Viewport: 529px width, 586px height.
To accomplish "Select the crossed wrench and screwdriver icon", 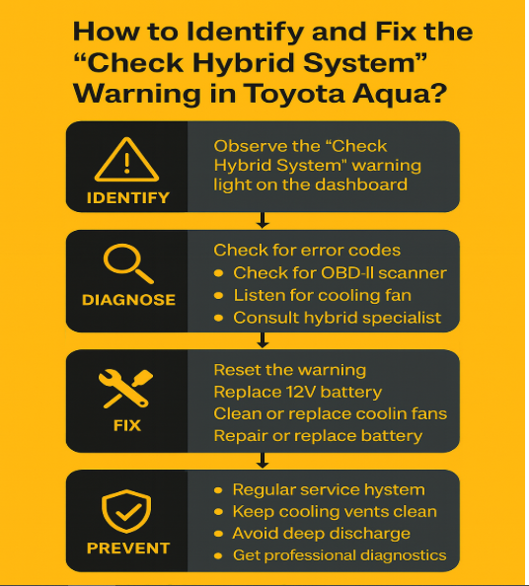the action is point(125,389).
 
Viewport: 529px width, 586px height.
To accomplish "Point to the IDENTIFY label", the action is point(128,197).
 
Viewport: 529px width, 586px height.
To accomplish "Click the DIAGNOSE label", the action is point(128,300).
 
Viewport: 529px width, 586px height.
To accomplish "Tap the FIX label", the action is point(127,425).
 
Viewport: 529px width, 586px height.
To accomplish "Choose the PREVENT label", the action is point(128,549).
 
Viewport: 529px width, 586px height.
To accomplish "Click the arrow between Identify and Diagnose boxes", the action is point(263,220).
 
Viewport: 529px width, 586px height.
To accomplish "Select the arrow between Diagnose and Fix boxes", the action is point(263,340).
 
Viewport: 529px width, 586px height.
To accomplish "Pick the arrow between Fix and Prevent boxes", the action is point(263,461).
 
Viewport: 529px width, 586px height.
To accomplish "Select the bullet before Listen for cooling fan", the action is point(219,296).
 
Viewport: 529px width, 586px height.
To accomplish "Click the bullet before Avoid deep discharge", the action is point(219,534).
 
